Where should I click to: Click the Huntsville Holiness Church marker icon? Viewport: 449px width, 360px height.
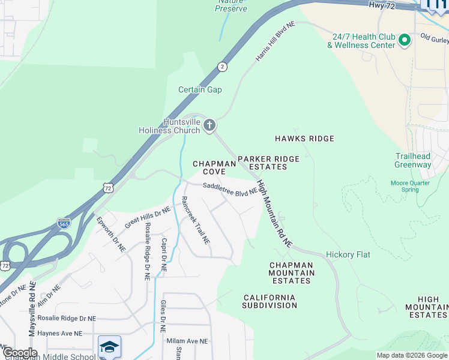pyautogui.click(x=209, y=125)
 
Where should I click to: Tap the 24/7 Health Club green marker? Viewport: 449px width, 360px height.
pyautogui.click(x=405, y=41)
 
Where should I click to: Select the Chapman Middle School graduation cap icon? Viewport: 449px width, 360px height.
pyautogui.click(x=110, y=346)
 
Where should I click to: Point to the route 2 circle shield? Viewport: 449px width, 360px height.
pyautogui.click(x=223, y=67)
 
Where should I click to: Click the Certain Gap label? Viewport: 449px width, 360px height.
pyautogui.click(x=200, y=90)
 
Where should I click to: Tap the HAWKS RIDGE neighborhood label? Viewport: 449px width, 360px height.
pyautogui.click(x=304, y=139)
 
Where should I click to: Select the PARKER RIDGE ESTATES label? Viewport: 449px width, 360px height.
pyautogui.click(x=268, y=163)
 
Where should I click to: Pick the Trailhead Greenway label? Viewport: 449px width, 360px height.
pyautogui.click(x=413, y=160)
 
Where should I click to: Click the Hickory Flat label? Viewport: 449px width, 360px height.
pyautogui.click(x=348, y=255)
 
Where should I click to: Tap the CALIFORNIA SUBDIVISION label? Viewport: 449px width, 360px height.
pyautogui.click(x=270, y=301)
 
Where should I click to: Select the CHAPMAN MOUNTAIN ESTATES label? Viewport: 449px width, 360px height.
pyautogui.click(x=292, y=272)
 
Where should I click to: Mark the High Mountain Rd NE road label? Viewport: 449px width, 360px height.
pyautogui.click(x=274, y=214)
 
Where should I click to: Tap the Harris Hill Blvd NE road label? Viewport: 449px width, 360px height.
pyautogui.click(x=276, y=42)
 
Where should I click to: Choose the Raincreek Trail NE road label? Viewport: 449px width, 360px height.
pyautogui.click(x=196, y=220)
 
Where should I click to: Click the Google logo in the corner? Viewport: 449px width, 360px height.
pyautogui.click(x=19, y=353)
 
